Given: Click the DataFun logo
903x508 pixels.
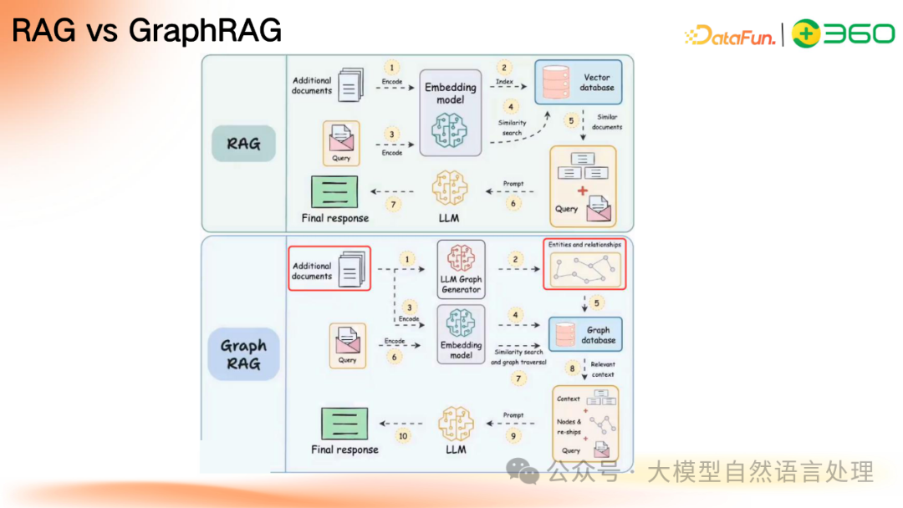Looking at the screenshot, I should coord(730,34).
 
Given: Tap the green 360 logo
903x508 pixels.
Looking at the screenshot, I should coord(843,33).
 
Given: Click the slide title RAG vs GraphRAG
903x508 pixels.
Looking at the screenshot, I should coord(147,32).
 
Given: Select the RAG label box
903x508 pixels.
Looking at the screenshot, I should coord(242,144).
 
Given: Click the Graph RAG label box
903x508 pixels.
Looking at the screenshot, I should coord(243,354).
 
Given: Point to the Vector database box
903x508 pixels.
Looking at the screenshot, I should coord(579,82).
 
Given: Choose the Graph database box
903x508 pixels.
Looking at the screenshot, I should coord(585,335).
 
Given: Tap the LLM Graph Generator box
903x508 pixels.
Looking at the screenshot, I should coord(462,269).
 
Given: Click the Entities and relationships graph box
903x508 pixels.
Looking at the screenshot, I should coord(584,263).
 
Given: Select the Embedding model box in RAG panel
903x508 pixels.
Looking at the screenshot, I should coord(451,113).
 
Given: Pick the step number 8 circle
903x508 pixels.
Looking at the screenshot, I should coord(573,368).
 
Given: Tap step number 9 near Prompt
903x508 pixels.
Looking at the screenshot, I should coord(514,435).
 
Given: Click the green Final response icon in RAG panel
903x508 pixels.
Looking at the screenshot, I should coord(334,191).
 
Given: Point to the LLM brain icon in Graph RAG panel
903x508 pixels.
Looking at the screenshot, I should coord(456,423).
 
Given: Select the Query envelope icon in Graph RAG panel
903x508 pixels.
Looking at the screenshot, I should coord(348,341).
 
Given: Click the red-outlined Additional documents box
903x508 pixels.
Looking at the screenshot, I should coord(329,268).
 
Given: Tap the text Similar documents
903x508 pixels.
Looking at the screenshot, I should coord(607,122).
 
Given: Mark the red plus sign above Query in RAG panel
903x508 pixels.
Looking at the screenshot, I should coord(582,191).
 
